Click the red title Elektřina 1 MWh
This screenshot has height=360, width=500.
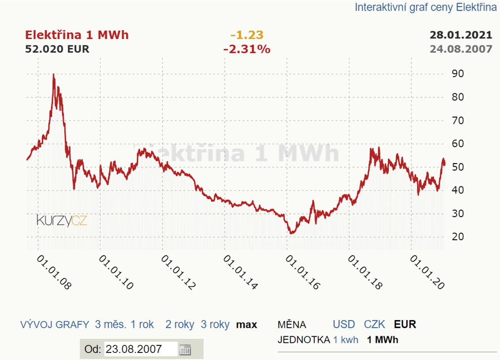coord(77,35)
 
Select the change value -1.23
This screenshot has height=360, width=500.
coord(246,35)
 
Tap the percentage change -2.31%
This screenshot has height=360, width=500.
coord(246,49)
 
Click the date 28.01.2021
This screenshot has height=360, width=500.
coord(461,35)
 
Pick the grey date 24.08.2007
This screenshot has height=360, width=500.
coord(461,49)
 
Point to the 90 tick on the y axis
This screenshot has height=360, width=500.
coord(458,74)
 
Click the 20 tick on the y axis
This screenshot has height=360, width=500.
coord(458,237)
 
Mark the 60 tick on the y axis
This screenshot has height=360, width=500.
coord(458,144)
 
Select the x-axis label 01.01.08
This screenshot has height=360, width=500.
coord(52,272)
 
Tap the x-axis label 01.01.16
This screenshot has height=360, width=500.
coord(302,272)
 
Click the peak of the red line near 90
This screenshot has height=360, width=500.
coord(54,75)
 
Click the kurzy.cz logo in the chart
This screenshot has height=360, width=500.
coord(62,220)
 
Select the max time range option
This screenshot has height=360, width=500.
coord(246,325)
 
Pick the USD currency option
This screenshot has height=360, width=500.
coord(343,325)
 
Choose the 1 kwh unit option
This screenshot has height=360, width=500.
coord(345,340)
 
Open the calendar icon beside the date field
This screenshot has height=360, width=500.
coord(185,349)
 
